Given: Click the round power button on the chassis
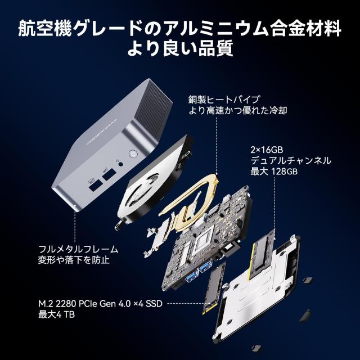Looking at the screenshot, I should tap(133, 154).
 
